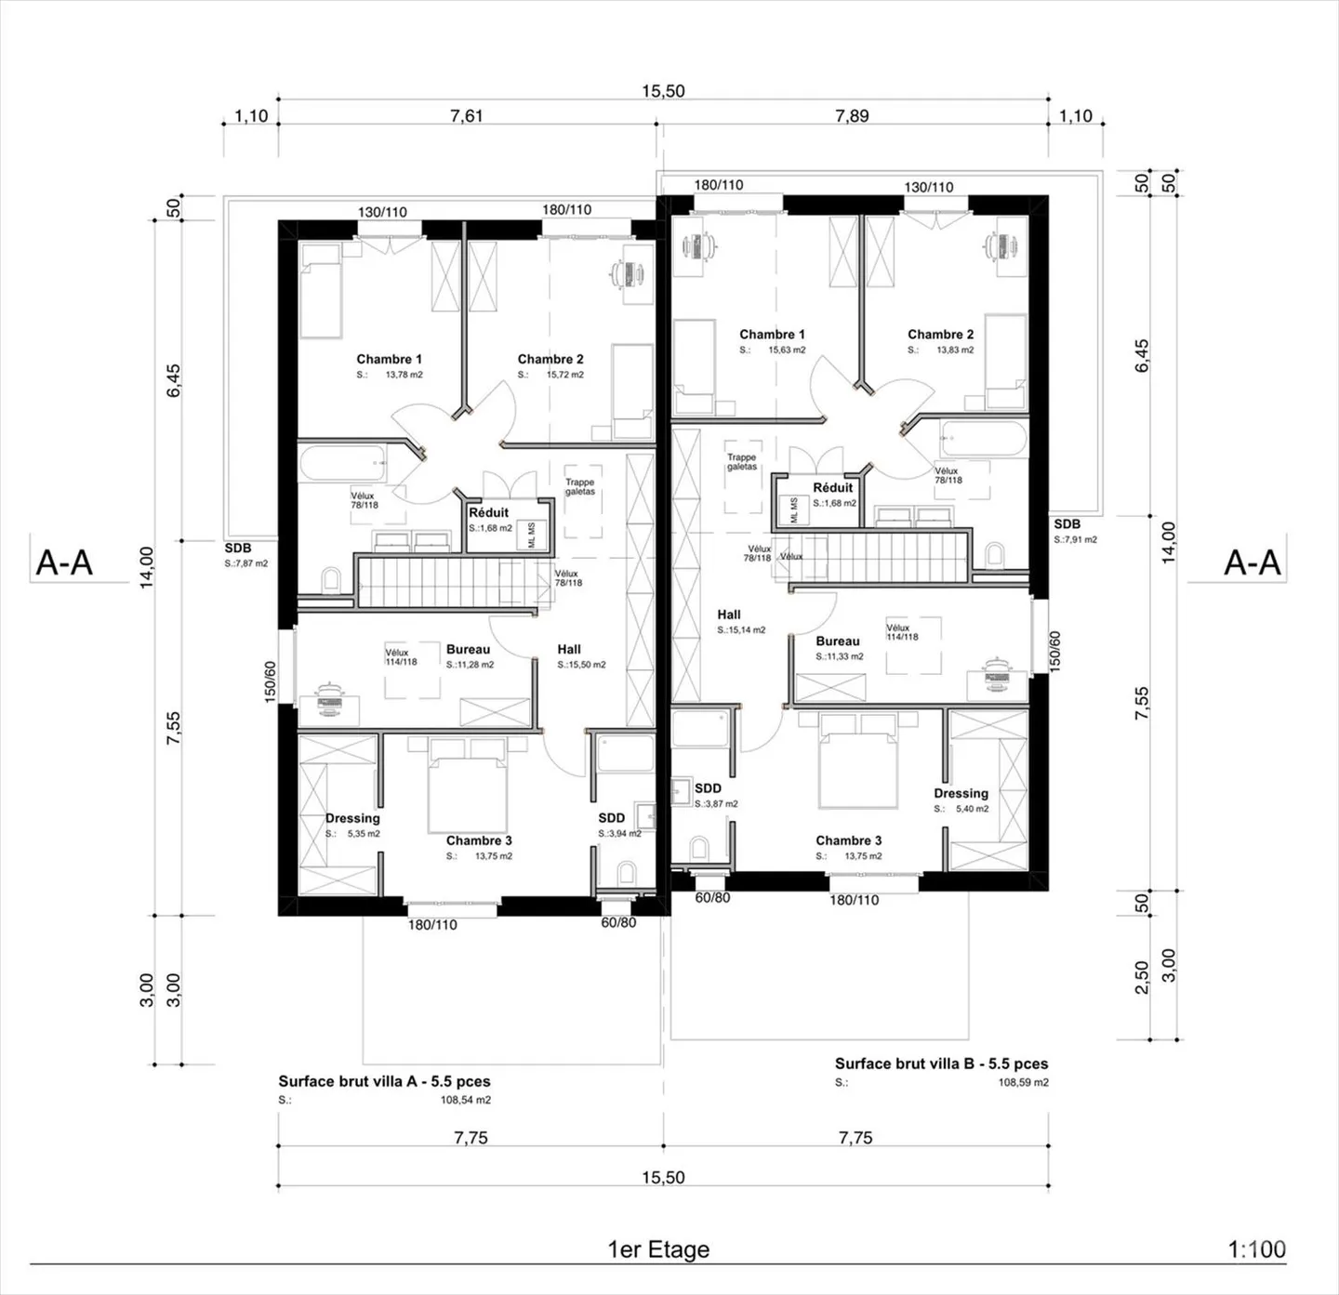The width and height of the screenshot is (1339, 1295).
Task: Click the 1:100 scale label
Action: tap(1256, 1249)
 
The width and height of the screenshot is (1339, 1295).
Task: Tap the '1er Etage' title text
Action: tap(658, 1249)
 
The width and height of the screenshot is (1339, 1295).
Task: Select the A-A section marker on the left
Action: tap(64, 562)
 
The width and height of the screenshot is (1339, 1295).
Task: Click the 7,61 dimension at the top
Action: tap(467, 115)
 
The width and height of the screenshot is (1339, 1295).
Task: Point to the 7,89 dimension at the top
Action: tap(852, 115)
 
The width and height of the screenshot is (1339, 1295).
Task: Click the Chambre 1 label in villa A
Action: tap(389, 359)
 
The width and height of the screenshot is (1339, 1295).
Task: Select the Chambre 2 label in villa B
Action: tap(940, 334)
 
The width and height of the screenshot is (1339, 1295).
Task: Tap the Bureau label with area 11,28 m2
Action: tap(468, 649)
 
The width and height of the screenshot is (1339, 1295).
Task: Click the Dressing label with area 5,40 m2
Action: tap(961, 793)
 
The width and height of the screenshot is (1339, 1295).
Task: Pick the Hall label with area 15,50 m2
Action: tap(569, 649)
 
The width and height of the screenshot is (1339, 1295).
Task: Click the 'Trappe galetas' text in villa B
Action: tap(741, 462)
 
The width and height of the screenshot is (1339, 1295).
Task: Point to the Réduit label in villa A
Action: tap(488, 512)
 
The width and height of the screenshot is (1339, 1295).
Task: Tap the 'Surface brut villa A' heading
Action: tap(384, 1081)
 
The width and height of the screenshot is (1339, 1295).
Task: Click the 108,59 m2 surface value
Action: tap(1023, 1082)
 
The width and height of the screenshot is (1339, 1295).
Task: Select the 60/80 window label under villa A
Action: tap(618, 922)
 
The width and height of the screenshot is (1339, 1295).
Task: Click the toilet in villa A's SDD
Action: tap(626, 872)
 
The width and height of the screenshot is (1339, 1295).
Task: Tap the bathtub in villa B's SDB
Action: tap(983, 439)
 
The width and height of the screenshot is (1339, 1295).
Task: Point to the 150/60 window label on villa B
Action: tap(1054, 650)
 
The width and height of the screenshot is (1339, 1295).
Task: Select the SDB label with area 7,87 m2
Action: tap(238, 548)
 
